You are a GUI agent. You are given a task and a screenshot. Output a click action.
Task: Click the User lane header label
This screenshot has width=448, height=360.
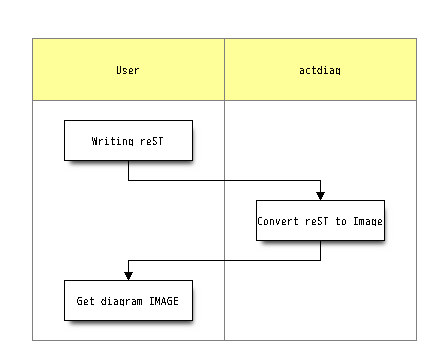click(x=128, y=70)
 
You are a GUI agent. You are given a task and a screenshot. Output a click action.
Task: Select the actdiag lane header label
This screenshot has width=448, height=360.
click(x=320, y=70)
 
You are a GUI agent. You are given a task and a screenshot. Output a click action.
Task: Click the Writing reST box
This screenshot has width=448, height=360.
click(x=128, y=141)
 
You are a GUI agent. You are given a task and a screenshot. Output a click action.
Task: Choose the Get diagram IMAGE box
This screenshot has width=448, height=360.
click(x=128, y=300)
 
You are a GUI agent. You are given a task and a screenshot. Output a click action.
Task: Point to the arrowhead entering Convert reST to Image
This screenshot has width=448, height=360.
click(x=320, y=195)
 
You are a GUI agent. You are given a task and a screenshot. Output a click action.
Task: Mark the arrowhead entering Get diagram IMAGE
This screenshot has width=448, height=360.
click(x=128, y=275)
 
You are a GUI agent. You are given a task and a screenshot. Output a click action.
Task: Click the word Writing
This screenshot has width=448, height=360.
click(x=112, y=141)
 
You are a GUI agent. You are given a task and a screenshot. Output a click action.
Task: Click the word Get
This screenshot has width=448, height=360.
click(x=86, y=300)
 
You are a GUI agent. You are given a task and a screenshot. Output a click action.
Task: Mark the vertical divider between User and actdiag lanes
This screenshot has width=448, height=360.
click(x=224, y=200)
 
